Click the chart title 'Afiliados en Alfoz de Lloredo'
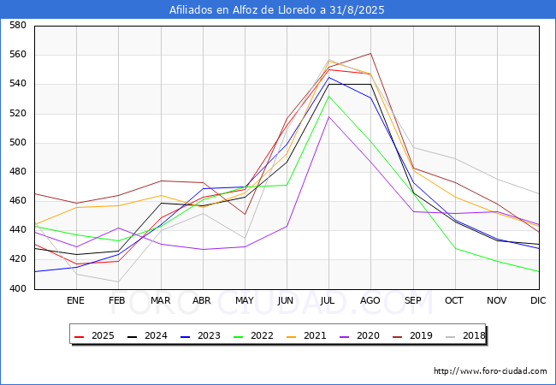277,10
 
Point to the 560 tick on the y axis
17,55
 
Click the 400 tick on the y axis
17,289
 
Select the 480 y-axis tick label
17,172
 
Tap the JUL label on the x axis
328,301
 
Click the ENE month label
76,301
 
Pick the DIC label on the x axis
538,301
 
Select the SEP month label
412,301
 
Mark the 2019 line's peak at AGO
370,53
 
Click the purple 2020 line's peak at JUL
328,116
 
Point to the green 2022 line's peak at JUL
328,95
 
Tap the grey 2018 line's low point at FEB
118,281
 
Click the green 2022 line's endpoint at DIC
538,271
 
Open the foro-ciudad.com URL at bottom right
490,371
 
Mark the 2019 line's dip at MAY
245,214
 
